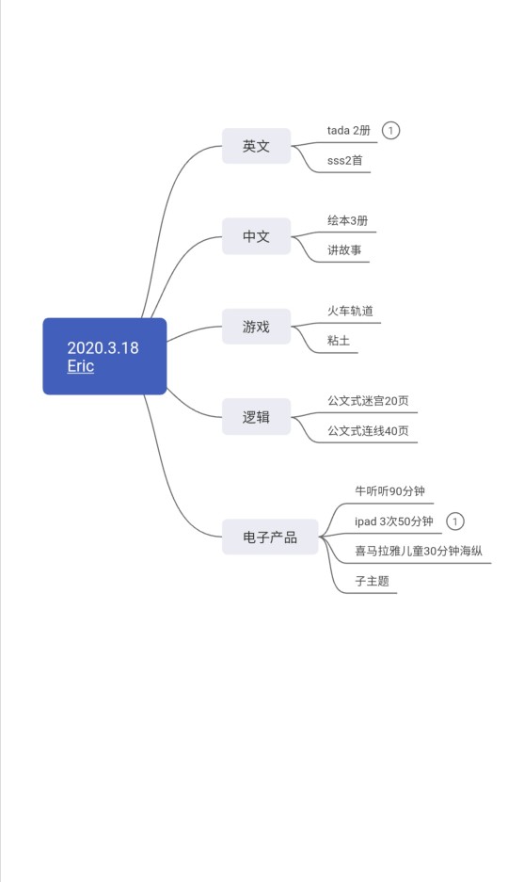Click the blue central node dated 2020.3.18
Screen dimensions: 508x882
coord(104,356)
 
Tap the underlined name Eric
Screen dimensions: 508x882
coord(80,365)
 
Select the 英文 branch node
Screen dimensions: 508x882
coord(256,146)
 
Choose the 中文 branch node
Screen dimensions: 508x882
coord(256,236)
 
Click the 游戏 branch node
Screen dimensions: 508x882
coord(256,327)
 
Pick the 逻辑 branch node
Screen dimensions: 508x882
coord(256,417)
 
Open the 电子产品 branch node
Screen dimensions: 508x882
coord(270,537)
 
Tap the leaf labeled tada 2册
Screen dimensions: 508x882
coord(349,131)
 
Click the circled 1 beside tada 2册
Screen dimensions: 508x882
coord(390,131)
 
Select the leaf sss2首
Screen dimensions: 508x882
coord(345,160)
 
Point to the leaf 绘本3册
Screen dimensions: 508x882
coord(348,220)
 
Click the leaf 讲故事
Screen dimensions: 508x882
coord(344,250)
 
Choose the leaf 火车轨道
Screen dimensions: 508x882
coord(350,311)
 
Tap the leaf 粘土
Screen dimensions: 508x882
coord(339,341)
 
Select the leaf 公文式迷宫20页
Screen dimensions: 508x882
coord(368,401)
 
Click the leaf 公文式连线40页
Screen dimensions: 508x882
coord(368,431)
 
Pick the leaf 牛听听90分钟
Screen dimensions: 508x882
coord(389,491)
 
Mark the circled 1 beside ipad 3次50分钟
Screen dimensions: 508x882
coord(455,521)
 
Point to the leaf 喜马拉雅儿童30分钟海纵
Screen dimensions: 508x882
coord(418,552)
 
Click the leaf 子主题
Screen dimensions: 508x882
coord(372,581)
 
